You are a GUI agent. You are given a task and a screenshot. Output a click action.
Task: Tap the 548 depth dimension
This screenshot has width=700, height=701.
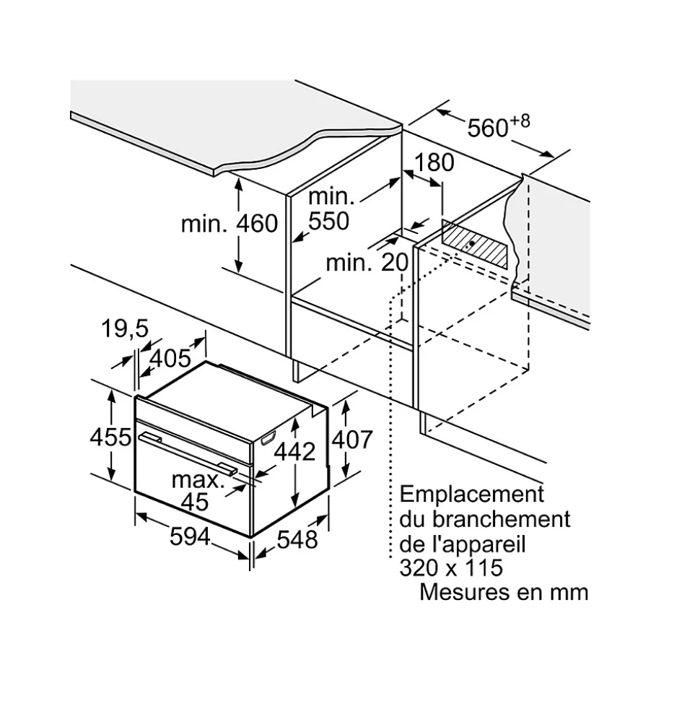[297, 538]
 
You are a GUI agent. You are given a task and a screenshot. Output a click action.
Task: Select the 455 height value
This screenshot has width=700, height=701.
[110, 437]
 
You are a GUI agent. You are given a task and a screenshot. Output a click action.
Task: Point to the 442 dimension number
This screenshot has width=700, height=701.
[294, 451]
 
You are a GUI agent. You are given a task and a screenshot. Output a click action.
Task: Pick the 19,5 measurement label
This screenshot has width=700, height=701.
[124, 329]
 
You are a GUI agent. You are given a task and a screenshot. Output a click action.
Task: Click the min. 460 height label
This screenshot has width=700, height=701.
[229, 224]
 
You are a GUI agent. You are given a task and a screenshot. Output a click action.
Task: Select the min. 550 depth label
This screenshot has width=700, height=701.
[330, 209]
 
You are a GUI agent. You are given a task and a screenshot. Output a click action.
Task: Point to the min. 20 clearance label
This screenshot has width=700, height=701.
[367, 262]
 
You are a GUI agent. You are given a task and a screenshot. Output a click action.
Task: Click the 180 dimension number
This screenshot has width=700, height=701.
[434, 163]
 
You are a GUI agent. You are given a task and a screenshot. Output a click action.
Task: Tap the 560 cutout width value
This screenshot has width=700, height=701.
[488, 129]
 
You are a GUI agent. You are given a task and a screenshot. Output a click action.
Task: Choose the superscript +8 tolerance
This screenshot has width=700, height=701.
[520, 120]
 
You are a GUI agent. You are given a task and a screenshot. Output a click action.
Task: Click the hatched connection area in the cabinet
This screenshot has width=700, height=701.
[474, 245]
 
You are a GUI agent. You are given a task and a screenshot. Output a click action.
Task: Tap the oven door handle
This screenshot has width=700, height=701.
[188, 453]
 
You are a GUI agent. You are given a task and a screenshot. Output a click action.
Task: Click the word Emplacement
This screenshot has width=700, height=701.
[471, 495]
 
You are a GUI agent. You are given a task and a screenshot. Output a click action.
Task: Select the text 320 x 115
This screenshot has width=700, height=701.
[451, 567]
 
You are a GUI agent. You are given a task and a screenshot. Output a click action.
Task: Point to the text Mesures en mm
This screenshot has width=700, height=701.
[504, 592]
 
